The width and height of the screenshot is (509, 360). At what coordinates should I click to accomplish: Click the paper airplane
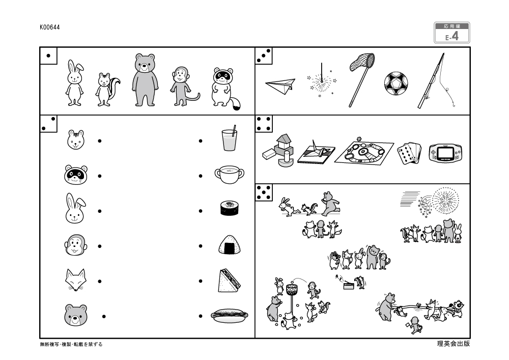[x=280, y=86]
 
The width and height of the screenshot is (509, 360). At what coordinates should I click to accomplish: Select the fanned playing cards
[x=409, y=152]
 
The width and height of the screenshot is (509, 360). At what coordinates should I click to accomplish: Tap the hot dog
[x=230, y=316]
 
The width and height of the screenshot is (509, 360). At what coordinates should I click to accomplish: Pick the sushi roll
[x=230, y=208]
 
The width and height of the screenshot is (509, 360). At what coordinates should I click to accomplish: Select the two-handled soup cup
[x=229, y=175]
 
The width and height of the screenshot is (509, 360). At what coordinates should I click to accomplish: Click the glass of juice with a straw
[x=229, y=139]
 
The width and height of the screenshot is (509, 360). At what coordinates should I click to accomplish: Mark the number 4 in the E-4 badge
[x=455, y=37]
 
